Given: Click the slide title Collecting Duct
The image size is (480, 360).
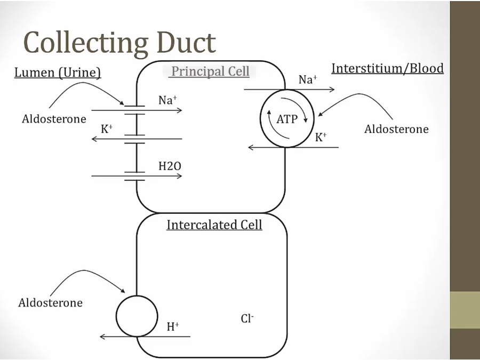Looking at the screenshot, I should coord(119,43).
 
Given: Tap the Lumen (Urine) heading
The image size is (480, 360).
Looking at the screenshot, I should coord(58,73).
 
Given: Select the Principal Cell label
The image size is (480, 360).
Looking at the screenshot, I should coord(210,71).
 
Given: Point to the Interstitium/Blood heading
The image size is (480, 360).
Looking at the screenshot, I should coord(387,68).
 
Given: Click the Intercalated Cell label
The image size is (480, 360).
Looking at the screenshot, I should coord(214,225).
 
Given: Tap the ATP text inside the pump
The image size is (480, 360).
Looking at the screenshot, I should coord(287,119).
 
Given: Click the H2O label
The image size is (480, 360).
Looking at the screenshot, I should coord(170,166).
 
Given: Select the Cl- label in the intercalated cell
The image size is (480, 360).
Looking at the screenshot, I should coord(247,318).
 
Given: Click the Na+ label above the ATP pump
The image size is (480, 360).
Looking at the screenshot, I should coord(308,80).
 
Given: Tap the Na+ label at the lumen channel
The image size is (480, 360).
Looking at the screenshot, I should coord(167,100).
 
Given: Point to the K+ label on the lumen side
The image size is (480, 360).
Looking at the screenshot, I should coord(107,129).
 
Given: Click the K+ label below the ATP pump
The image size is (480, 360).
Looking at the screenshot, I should coord(321,137).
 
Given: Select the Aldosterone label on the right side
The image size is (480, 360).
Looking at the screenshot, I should coord(396,129).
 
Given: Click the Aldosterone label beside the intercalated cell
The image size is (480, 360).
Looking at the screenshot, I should coord(50,303).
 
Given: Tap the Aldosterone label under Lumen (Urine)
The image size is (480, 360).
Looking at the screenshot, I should coord(54,119).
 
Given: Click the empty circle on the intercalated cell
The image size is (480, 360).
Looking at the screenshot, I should coord(137,316).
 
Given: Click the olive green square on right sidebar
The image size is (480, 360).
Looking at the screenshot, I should coord(465,309).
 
